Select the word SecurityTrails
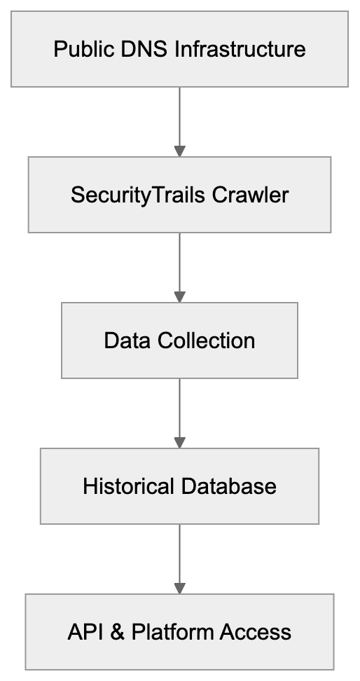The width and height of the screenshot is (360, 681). click(x=130, y=195)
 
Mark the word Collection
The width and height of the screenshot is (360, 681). click(x=206, y=341)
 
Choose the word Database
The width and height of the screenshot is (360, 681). click(x=231, y=486)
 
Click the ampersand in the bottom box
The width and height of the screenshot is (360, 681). click(x=118, y=633)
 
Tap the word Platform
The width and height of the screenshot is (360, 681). click(x=173, y=633)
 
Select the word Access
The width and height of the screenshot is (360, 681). click(x=256, y=633)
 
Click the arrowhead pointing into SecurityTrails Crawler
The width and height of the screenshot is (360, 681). click(x=179, y=150)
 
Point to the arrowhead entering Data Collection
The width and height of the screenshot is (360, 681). click(x=179, y=296)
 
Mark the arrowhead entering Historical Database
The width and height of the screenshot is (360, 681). click(x=179, y=442)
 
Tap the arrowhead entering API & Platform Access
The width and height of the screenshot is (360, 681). click(x=179, y=587)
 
